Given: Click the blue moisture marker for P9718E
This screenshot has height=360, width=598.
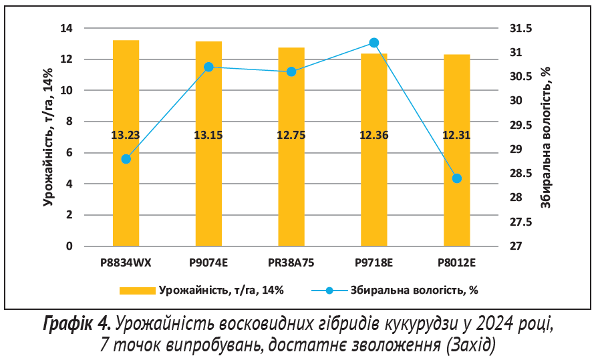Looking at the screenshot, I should [x=374, y=43].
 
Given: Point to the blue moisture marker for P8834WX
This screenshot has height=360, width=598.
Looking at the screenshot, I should [x=126, y=159].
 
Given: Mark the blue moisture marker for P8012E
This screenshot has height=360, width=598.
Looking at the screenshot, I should [x=457, y=178].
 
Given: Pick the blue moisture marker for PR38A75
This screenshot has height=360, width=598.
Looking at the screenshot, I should [x=291, y=71].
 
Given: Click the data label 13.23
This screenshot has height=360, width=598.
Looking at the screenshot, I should [x=126, y=136].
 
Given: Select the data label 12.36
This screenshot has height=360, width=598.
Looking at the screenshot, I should [x=374, y=136].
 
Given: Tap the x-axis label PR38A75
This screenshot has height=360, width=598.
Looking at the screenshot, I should [x=291, y=262].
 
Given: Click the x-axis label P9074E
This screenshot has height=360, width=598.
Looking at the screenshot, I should [x=208, y=262].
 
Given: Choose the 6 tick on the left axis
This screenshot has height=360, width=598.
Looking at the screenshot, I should [x=69, y=153].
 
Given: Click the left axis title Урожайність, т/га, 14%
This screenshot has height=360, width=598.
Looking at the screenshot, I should [x=48, y=137].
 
